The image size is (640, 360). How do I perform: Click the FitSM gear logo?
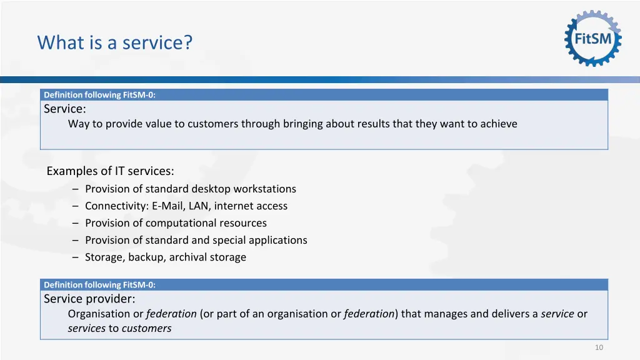(x=592, y=39)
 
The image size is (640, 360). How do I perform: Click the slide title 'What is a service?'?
(x=115, y=43)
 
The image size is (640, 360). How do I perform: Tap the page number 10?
(x=599, y=347)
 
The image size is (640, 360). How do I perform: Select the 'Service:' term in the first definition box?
(x=65, y=109)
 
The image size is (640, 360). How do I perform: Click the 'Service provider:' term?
(x=89, y=299)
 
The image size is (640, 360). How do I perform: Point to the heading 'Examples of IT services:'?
(x=110, y=171)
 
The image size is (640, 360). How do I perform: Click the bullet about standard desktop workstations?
(x=190, y=189)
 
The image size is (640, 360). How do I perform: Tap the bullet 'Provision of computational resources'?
(x=176, y=223)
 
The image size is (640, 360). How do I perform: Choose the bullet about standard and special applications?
(x=196, y=240)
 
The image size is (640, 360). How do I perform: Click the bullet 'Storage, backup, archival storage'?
(x=166, y=257)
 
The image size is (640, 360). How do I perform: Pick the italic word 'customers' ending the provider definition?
(x=146, y=328)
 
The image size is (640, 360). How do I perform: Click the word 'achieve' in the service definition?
(x=499, y=124)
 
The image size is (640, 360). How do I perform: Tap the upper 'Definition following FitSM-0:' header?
(x=99, y=95)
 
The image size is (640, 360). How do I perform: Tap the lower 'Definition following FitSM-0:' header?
(x=99, y=285)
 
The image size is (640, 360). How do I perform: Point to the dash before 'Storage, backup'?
(x=75, y=257)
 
